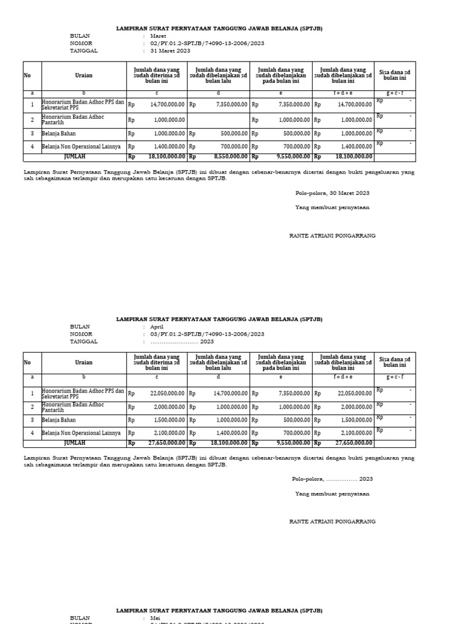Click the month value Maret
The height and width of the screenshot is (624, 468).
coord(158,36)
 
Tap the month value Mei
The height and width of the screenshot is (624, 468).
coord(155,617)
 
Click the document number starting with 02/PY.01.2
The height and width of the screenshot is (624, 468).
coord(207,43)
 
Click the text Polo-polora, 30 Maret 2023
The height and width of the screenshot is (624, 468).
coord(332,193)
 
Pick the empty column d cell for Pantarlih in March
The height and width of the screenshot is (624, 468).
coord(218,120)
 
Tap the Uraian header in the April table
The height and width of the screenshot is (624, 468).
coord(83,363)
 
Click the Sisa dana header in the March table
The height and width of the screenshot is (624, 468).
coord(394,75)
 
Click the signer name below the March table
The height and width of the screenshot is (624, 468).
coord(332,235)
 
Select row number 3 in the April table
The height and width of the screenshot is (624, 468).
coord(32,420)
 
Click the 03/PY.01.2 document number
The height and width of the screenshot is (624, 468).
coord(207,334)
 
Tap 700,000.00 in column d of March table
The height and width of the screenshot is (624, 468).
coord(230,147)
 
